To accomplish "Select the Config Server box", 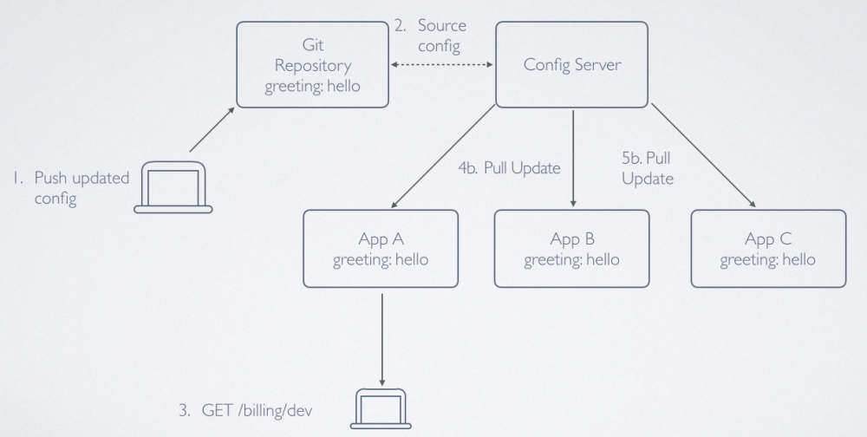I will point(571,64).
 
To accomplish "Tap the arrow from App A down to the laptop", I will point(382,333).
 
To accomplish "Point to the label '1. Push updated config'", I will point(70,188).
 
